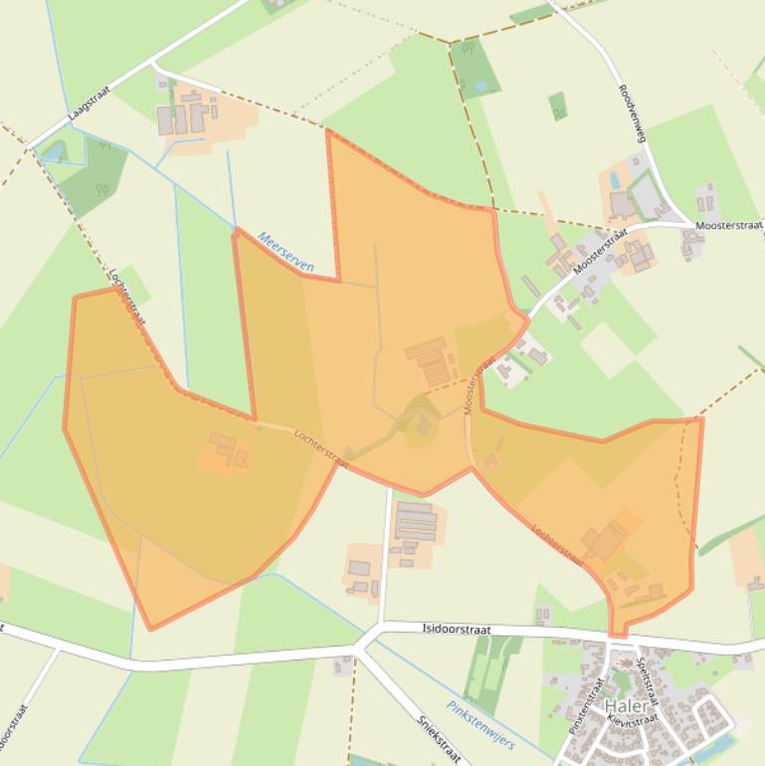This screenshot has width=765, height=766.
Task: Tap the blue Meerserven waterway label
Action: pos(287,253)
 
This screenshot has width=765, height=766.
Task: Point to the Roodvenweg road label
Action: pos(633,112)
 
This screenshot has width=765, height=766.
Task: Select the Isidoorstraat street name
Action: pos(454,628)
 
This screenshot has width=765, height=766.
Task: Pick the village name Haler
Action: pos(624,706)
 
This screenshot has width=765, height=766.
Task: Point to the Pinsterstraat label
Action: pos(587,704)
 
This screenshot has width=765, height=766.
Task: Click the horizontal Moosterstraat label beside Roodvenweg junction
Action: pos(730,226)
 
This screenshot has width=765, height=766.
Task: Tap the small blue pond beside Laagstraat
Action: pos(53,152)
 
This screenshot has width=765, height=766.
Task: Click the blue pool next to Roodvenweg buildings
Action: pos(614,181)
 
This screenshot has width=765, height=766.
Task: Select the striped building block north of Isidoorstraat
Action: pos(416,520)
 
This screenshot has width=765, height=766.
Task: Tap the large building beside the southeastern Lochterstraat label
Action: pos(604,541)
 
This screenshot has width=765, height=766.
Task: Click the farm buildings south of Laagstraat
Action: pos(185,115)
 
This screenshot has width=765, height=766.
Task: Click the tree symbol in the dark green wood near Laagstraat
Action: pos(100,187)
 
